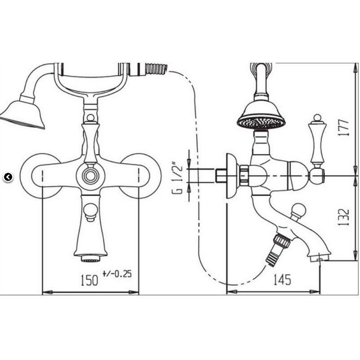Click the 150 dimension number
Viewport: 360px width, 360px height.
[x=90, y=280]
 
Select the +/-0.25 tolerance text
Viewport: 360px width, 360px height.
[x=117, y=274]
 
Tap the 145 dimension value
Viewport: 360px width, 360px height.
[x=283, y=279]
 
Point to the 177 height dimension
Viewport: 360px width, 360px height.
[x=344, y=128]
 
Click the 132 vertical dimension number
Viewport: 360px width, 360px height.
[x=344, y=217]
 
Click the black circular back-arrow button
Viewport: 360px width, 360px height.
[x=8, y=177]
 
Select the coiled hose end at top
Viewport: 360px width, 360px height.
[x=157, y=69]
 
